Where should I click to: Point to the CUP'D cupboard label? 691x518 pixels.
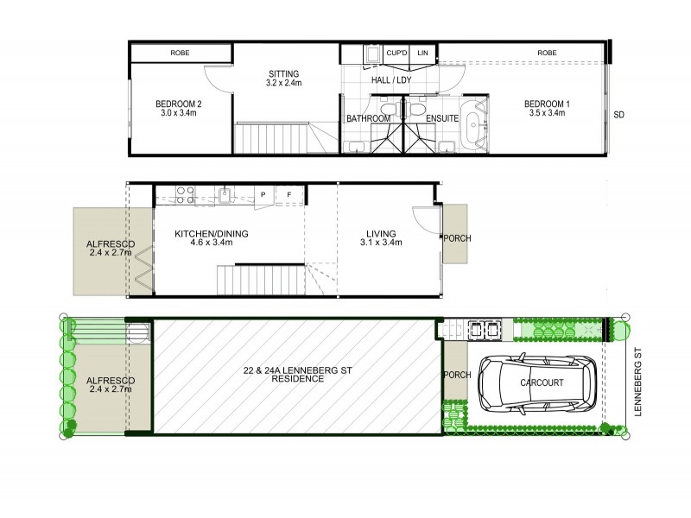(396, 54)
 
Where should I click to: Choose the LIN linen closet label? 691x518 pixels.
(422, 54)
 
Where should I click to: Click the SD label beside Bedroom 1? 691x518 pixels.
(618, 115)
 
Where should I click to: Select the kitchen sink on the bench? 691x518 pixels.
(224, 195)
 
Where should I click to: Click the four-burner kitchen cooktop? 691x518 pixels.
(184, 195)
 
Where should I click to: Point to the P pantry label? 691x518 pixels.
(262, 196)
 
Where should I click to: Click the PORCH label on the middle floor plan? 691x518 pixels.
(456, 238)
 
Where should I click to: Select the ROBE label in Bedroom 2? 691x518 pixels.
(180, 54)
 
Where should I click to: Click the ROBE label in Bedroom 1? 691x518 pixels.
(547, 54)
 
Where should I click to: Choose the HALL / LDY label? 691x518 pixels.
(390, 80)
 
